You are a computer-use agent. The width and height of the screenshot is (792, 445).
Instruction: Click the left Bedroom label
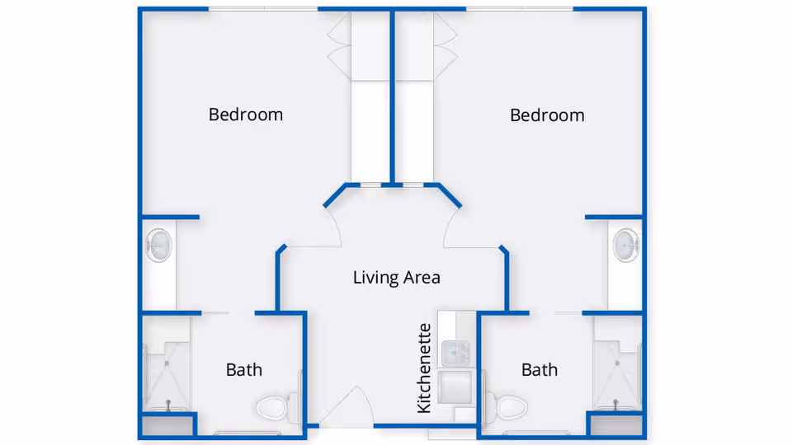pos(245,115)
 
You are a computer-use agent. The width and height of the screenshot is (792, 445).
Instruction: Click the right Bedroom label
pos(547,115)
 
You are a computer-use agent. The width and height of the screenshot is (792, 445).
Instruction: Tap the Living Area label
pos(396,278)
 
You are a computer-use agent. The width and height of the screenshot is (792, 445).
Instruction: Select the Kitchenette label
pos(424,368)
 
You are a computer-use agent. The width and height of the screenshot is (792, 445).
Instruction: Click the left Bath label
pos(244,370)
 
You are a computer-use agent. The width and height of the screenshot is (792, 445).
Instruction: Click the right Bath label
pos(540,370)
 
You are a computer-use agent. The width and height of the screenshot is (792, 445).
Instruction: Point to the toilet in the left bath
pos(275,406)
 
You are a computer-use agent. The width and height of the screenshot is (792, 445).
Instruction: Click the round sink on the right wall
pos(625,245)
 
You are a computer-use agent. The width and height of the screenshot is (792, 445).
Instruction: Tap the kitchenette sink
pos(455,354)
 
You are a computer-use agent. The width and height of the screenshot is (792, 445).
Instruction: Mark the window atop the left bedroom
pos(262,9)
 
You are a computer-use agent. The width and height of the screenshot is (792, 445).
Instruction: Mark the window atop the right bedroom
pos(520,9)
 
